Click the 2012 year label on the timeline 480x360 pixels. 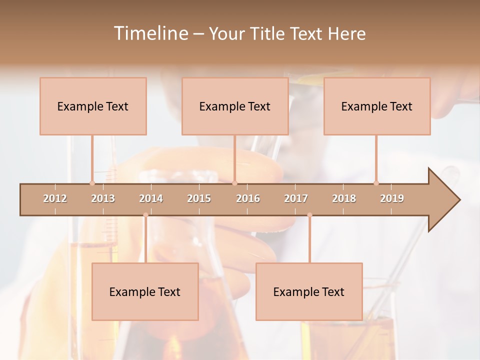(55, 198)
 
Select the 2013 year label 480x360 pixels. (103, 198)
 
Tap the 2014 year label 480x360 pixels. (151, 198)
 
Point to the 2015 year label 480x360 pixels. (199, 198)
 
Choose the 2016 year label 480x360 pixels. (248, 198)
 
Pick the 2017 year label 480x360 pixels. (296, 198)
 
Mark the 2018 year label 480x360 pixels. (344, 198)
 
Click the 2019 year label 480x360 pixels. (392, 198)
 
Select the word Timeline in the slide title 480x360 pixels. (149, 33)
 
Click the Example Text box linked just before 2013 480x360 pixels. (93, 106)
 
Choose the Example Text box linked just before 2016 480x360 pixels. (235, 106)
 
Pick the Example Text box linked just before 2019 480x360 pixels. (377, 106)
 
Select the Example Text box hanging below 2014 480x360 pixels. (145, 291)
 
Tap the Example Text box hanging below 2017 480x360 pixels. (309, 291)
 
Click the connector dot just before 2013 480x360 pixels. (92, 183)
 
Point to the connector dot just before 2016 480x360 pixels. (235, 183)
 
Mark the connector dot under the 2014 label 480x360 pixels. (145, 215)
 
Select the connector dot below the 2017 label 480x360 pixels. (309, 215)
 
